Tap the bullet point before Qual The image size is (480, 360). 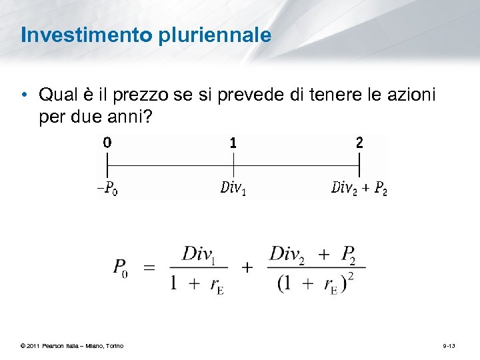pyautogui.click(x=24, y=95)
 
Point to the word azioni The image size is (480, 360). pyautogui.click(x=411, y=95)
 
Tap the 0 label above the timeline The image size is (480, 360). pyautogui.click(x=107, y=142)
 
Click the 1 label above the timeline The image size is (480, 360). pyautogui.click(x=233, y=142)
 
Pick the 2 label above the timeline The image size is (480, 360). pyautogui.click(x=359, y=142)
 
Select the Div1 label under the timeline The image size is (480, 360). pyautogui.click(x=233, y=189)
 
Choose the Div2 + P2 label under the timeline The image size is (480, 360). pyautogui.click(x=359, y=189)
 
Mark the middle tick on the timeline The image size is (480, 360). pyautogui.click(x=233, y=164)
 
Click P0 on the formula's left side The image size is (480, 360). pyautogui.click(x=121, y=267)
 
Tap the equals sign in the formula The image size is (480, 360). pyautogui.click(x=149, y=267)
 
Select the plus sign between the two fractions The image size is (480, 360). pyautogui.click(x=247, y=267)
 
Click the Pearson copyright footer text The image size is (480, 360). pyautogui.click(x=72, y=345)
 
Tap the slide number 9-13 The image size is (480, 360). pyautogui.click(x=449, y=345)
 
